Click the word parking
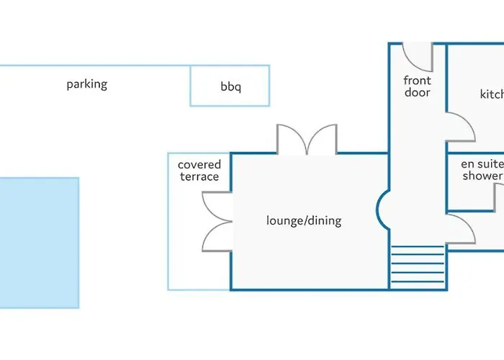point(86,84)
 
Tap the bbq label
point(231,87)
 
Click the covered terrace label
point(199,171)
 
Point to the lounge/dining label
point(304,220)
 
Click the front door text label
point(418,86)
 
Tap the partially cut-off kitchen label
point(492,94)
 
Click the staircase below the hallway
point(418,266)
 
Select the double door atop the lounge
point(307,140)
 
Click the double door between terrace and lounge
point(217,222)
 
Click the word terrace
point(199,177)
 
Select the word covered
point(199,165)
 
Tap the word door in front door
point(418,93)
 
